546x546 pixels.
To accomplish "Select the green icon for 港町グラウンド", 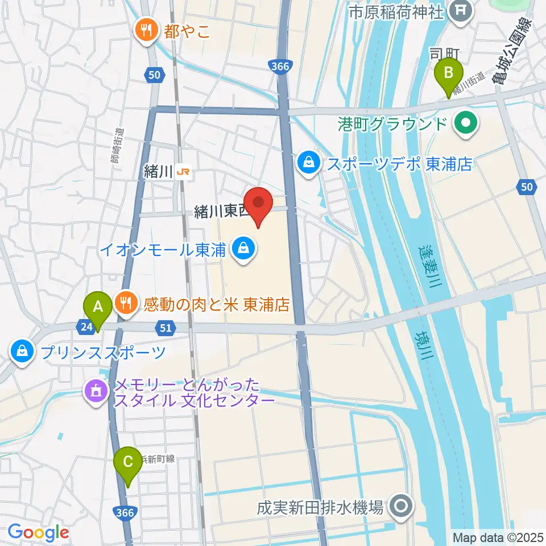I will coord(466,123).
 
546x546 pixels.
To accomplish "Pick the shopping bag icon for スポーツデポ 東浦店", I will coord(309,163).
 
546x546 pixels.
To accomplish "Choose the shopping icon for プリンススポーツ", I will coord(22,351).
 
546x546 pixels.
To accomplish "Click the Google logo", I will coord(38,532).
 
